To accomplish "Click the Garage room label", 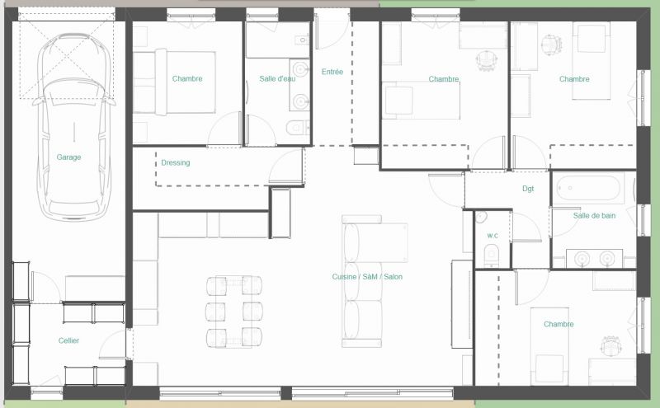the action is pyautogui.click(x=68, y=157).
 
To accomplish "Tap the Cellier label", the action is pyautogui.click(x=68, y=340).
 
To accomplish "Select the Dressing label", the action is pyautogui.click(x=176, y=162).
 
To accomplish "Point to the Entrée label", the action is pyautogui.click(x=332, y=72).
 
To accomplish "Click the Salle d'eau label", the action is pyautogui.click(x=277, y=78).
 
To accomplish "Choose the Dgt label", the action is pyautogui.click(x=528, y=189).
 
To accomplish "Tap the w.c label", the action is pyautogui.click(x=493, y=235).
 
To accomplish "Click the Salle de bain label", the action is pyautogui.click(x=594, y=216).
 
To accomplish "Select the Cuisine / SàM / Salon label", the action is pyautogui.click(x=367, y=277).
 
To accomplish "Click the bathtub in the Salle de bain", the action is pyautogui.click(x=588, y=188).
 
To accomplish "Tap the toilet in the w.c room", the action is pyautogui.click(x=491, y=256).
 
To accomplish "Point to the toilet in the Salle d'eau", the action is pyautogui.click(x=298, y=127).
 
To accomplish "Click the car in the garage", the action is pyautogui.click(x=73, y=126).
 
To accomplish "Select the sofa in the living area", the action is pyautogui.click(x=363, y=281).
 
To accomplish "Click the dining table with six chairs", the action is pyautogui.click(x=234, y=312).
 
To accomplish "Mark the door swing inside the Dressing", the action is pyautogui.click(x=286, y=166).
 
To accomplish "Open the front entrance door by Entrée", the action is pyautogui.click(x=332, y=30).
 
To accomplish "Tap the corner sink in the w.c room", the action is pyautogui.click(x=481, y=217).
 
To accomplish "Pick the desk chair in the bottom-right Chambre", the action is pyautogui.click(x=610, y=345).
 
